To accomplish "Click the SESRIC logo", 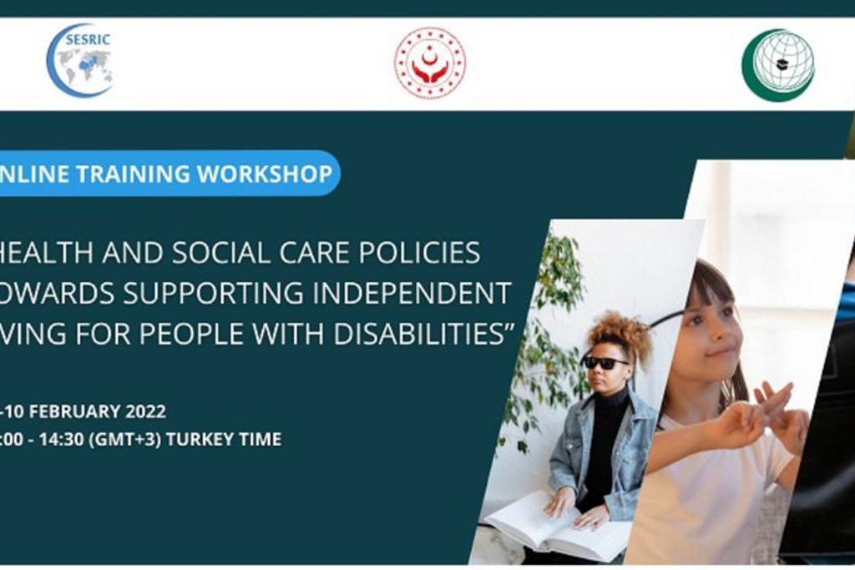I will point(79,60).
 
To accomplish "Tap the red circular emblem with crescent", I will point(429,63).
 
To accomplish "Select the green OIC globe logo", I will point(777,65).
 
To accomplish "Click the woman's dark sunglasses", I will point(605,362).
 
